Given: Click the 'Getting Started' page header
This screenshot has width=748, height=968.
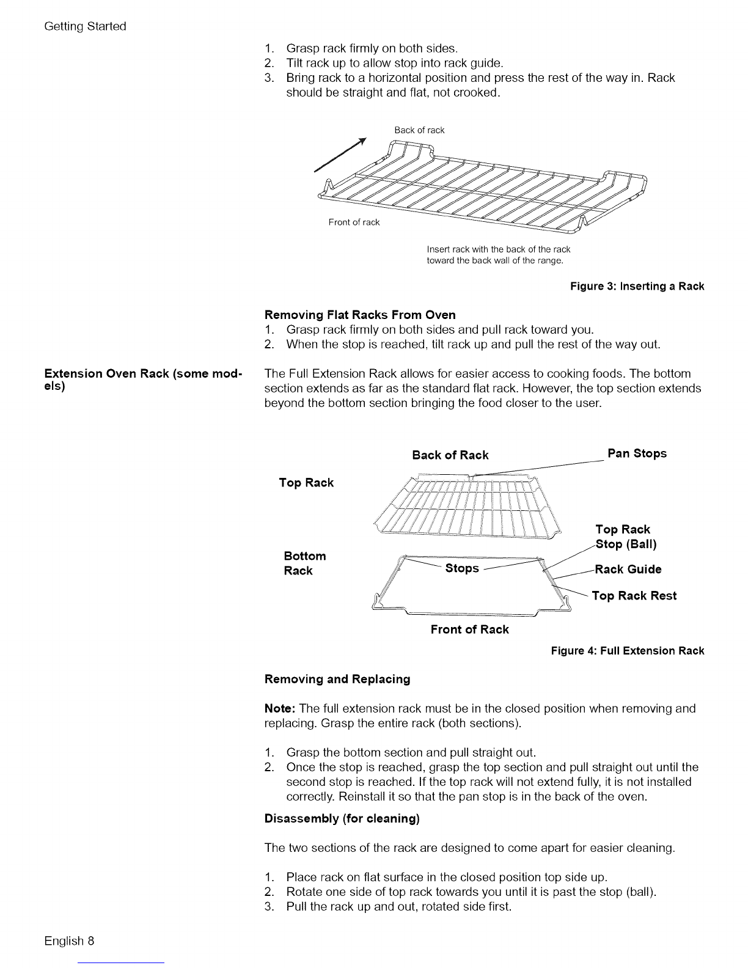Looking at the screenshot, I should coord(85,26).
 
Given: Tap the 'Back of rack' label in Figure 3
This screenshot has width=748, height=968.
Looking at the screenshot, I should coord(419,130).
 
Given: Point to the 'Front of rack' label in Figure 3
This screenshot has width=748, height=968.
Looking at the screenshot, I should coord(354,222).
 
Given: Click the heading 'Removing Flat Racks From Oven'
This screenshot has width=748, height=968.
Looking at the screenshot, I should coord(360,315).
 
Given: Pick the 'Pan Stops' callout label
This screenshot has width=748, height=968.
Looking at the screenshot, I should coord(637,453).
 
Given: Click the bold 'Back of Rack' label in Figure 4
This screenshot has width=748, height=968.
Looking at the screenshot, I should coord(450,455).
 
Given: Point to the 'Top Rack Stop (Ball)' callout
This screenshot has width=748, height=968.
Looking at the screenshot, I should coord(625,537).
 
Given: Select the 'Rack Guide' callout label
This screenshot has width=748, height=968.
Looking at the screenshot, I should coord(628,570).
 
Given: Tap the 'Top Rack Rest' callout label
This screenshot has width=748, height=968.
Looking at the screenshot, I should coord(634,596).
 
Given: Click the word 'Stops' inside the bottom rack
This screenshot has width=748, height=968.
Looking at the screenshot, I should coord(462,568).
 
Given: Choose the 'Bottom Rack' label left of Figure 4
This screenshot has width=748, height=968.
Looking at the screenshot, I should coord(304,563).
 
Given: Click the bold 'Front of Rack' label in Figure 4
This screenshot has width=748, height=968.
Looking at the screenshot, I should coord(469,629).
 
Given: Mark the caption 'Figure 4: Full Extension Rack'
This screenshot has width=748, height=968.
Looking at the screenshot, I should coord(628,651).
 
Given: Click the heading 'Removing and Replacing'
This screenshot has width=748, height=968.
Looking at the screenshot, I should coord(337,679).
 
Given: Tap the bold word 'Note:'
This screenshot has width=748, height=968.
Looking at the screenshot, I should coord(280,708).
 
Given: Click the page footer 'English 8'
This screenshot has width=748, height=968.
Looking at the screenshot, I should coord(69,941).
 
